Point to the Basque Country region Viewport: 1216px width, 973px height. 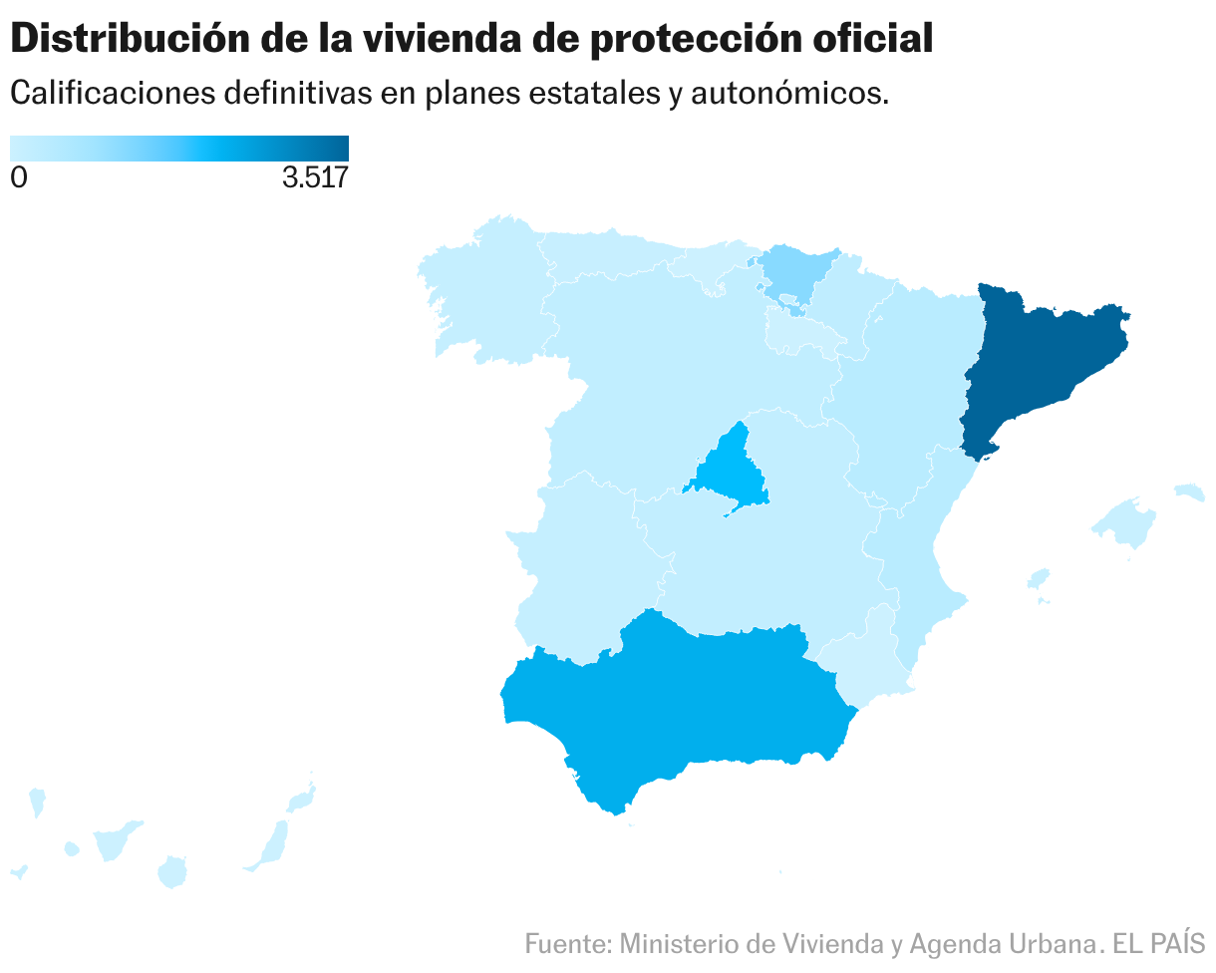(797, 269)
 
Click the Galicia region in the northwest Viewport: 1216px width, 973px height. (478, 289)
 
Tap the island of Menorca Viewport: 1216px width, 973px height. (1189, 491)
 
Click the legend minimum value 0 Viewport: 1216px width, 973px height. (18, 178)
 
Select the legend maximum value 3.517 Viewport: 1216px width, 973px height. (315, 178)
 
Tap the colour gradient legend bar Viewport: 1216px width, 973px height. (179, 148)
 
